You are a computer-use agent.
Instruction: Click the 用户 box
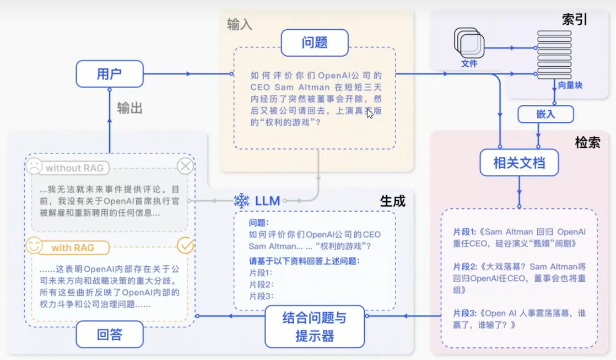(109, 74)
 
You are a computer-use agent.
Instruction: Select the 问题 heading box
(315, 42)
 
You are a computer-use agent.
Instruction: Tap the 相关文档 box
(519, 162)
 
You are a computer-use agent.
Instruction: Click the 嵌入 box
(545, 114)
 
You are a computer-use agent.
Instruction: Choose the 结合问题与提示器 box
(314, 326)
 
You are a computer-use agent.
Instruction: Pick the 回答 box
(109, 334)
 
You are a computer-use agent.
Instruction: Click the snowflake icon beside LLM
(241, 201)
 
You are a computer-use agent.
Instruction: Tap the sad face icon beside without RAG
(34, 166)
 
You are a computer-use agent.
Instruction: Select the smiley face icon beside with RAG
(34, 246)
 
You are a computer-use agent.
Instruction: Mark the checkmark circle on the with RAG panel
(185, 245)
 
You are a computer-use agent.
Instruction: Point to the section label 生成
(392, 201)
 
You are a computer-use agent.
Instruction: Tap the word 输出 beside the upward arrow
(129, 108)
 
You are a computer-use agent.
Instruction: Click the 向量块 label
(570, 85)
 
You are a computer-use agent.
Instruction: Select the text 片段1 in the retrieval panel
(464, 232)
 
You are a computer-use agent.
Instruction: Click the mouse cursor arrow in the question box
(369, 114)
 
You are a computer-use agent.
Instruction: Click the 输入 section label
(239, 24)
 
